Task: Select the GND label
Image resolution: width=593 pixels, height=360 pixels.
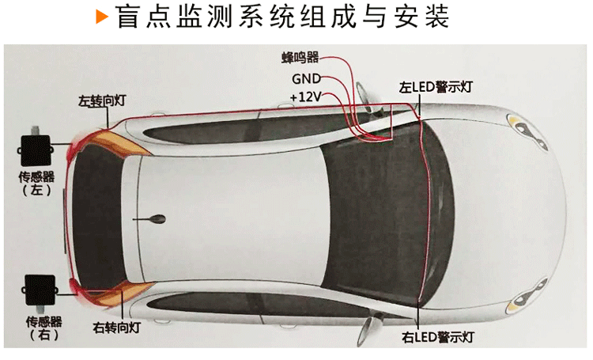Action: (306, 79)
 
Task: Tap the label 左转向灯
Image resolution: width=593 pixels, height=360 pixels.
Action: (103, 101)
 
